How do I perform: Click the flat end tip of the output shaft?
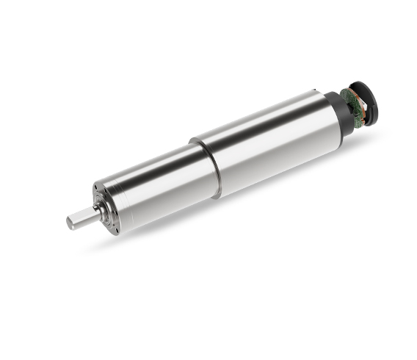[70, 221]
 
